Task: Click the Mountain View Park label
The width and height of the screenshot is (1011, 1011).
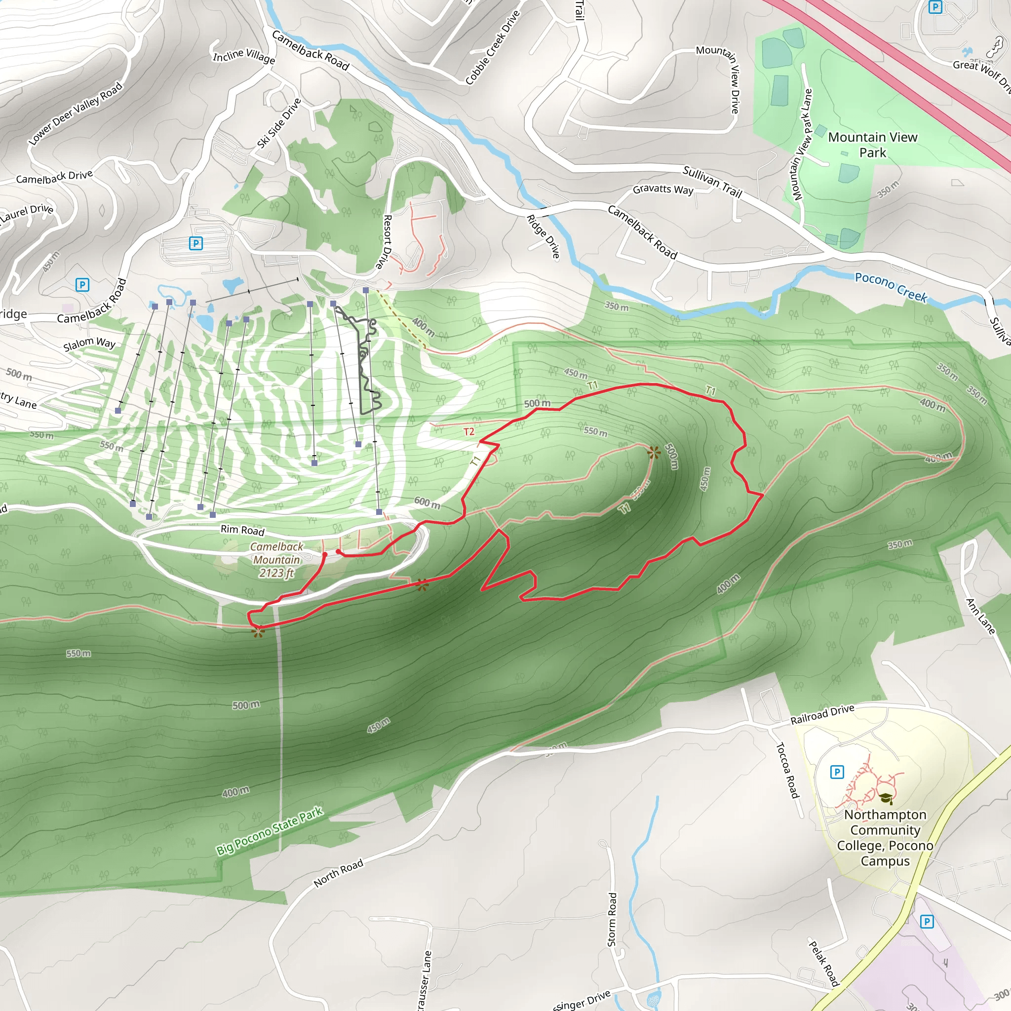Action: (872, 145)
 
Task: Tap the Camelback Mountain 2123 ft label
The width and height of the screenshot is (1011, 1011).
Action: (276, 560)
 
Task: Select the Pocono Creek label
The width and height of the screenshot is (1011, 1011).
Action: (891, 287)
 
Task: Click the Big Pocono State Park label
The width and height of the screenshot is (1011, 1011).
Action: (270, 831)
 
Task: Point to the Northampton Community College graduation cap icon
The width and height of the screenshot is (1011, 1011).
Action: (885, 798)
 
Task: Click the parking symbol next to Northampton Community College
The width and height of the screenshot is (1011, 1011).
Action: (837, 772)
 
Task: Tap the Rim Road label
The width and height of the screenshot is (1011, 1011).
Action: (242, 530)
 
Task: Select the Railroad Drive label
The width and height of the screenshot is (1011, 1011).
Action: (822, 714)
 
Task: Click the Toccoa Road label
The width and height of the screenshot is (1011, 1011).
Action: (787, 770)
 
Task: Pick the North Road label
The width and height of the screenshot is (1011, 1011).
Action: (338, 873)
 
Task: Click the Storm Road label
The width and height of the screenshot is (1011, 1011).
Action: (612, 919)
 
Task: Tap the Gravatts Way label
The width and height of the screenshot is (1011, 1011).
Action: (662, 189)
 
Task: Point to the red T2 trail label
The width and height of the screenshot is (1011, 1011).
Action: (469, 432)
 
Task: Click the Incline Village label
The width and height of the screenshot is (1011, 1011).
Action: (244, 56)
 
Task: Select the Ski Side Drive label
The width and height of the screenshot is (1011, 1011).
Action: (279, 123)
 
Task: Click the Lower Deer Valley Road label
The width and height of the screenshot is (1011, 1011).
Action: (76, 113)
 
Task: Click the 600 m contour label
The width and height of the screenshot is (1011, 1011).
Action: (427, 503)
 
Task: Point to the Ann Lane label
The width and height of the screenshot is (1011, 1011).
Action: (980, 617)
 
